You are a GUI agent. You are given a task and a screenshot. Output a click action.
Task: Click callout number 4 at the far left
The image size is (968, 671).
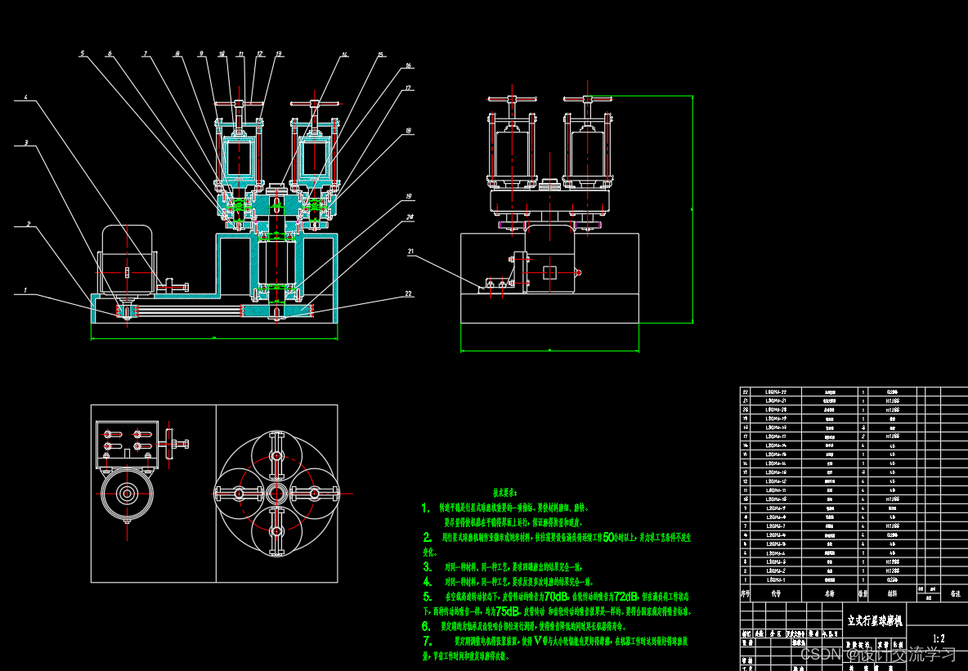25,98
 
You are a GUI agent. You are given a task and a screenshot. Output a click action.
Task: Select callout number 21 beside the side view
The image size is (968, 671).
411,252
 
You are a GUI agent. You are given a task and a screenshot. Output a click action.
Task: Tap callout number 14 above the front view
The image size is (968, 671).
344,55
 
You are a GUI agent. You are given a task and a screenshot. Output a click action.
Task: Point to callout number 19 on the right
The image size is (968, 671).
408,197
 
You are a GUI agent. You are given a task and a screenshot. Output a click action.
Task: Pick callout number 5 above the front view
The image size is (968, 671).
82,54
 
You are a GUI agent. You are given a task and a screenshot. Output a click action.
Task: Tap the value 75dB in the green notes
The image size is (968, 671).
507,611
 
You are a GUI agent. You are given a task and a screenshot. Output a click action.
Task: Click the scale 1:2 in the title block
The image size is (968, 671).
939,639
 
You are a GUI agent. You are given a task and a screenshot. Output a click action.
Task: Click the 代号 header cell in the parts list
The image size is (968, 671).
776,594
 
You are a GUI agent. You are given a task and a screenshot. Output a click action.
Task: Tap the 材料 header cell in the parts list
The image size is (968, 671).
892,594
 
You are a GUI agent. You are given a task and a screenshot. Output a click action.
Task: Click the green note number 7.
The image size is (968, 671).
427,642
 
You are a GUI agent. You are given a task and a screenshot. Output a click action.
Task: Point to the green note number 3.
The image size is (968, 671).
427,566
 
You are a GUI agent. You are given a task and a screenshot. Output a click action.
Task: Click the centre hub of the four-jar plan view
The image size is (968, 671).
276,493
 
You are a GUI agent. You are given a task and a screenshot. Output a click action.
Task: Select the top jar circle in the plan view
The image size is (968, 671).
276,449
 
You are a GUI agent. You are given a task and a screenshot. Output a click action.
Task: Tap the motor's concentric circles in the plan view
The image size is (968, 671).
127,493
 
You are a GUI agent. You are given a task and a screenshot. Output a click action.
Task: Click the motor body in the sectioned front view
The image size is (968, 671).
128,260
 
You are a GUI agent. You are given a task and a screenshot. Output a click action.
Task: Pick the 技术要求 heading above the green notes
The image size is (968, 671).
504,493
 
